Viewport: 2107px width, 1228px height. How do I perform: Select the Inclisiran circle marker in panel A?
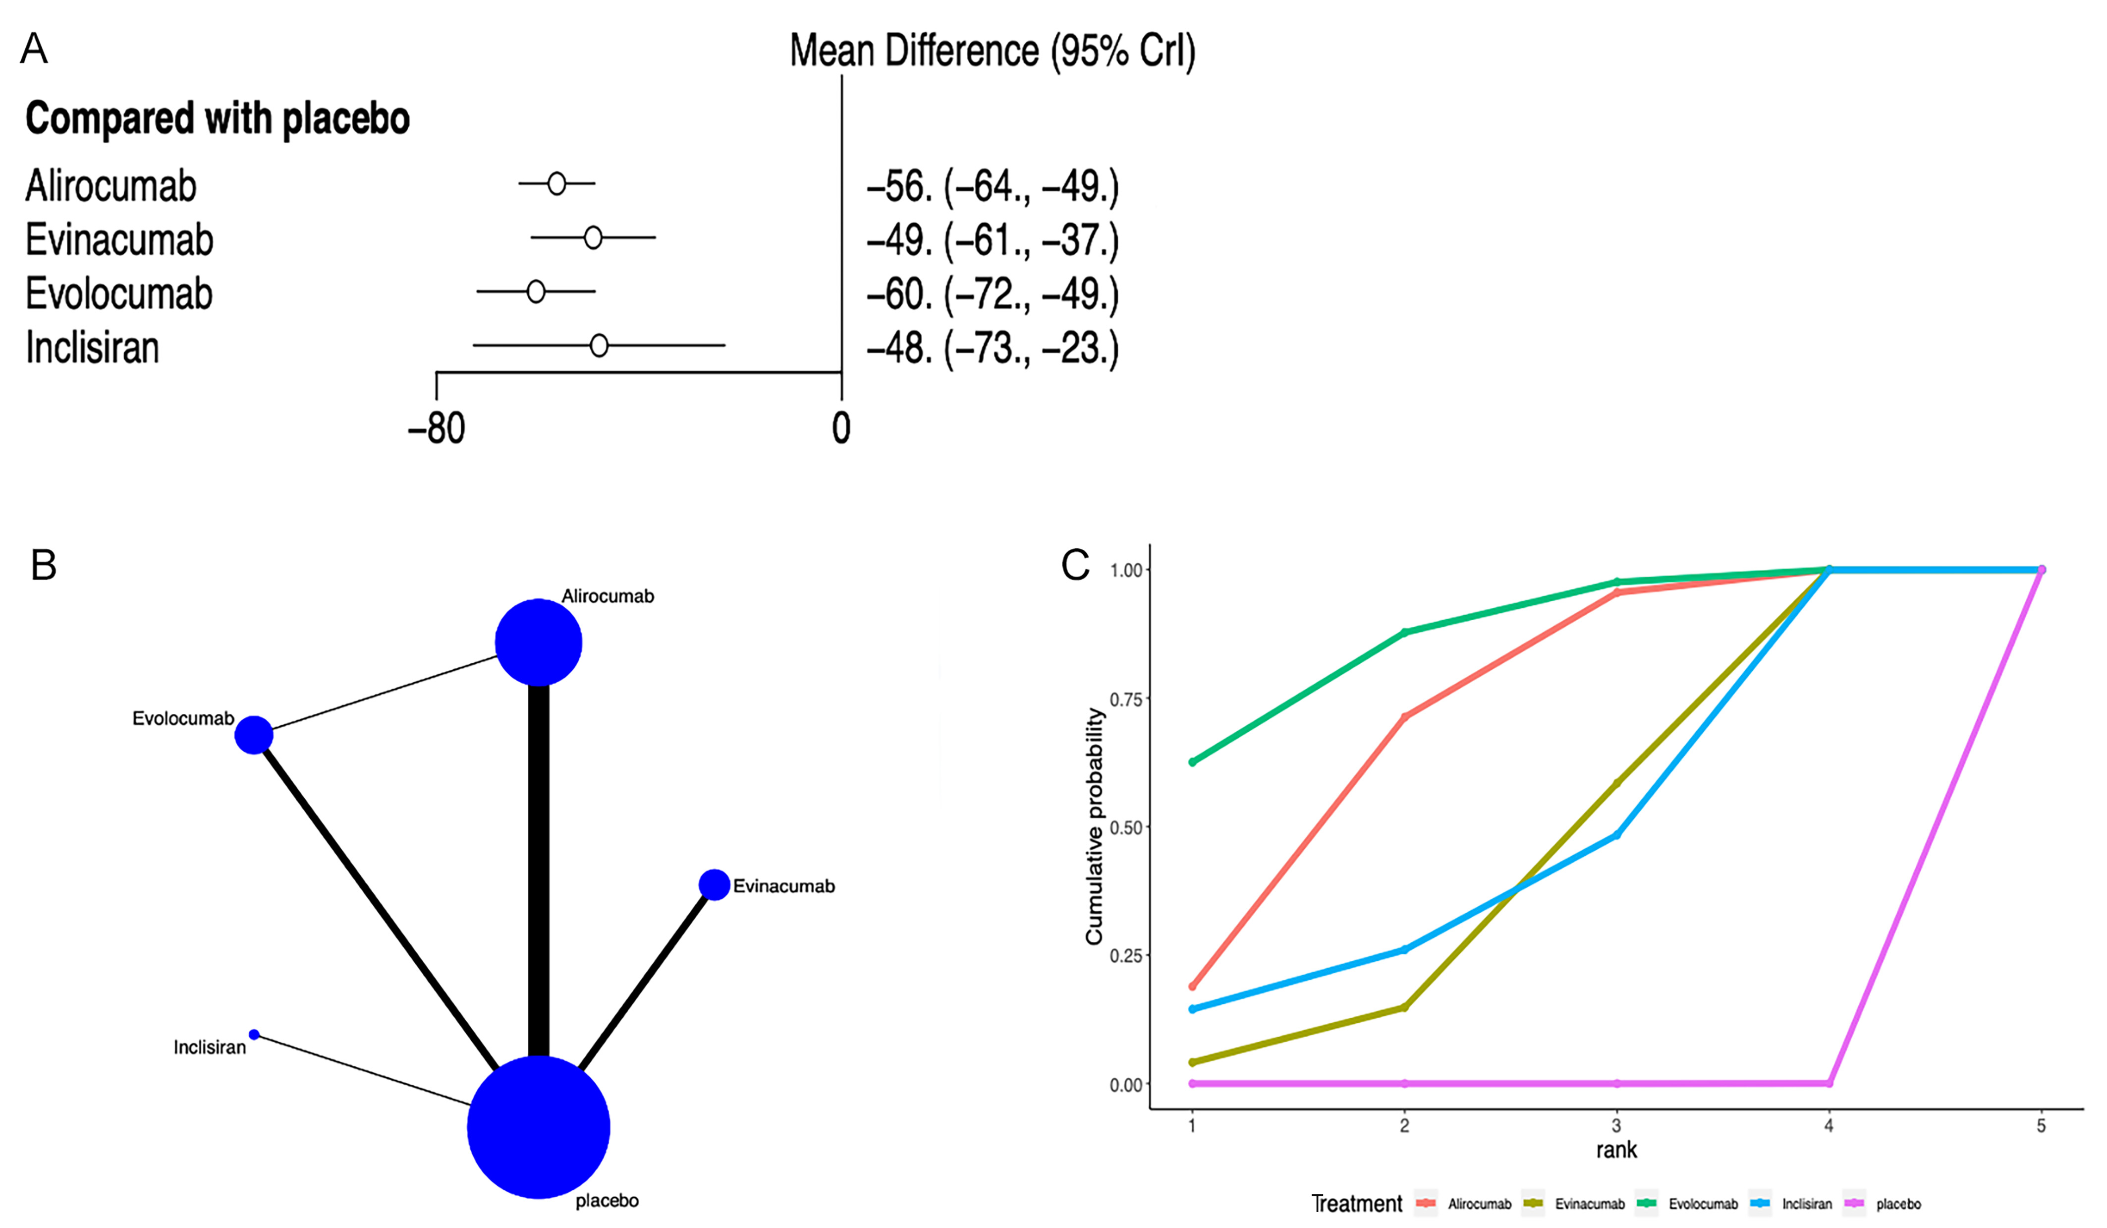pos(599,346)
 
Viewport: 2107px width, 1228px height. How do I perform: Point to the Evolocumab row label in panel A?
pos(119,293)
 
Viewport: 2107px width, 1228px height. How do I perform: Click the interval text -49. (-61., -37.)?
pos(993,240)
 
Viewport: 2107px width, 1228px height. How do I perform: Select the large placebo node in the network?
pos(539,1127)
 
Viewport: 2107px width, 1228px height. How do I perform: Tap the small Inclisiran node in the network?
pos(254,1035)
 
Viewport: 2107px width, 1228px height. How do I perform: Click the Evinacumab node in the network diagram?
pos(714,884)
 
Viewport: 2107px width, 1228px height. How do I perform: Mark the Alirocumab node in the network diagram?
pos(539,643)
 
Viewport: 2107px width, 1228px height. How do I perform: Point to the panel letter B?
pos(44,566)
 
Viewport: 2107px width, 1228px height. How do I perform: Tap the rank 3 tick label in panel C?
pos(1616,1126)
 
